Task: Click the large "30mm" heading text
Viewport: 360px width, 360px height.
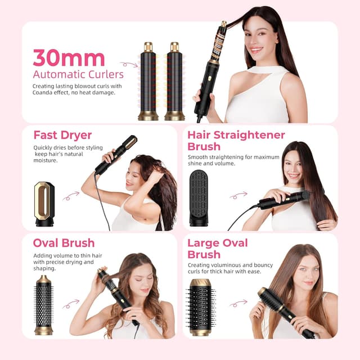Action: pyautogui.click(x=69, y=57)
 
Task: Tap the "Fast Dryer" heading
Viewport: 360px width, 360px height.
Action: pyautogui.click(x=62, y=135)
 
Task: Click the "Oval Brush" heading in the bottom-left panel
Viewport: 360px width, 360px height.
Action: pyautogui.click(x=64, y=243)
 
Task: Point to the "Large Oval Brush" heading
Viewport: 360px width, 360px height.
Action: pyautogui.click(x=217, y=249)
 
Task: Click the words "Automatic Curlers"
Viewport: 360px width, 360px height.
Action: pyautogui.click(x=78, y=74)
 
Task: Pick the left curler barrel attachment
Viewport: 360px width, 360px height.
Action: pyautogui.click(x=148, y=81)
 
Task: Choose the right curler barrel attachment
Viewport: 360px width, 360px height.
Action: pyautogui.click(x=174, y=81)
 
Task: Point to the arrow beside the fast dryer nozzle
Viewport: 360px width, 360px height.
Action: pyautogui.click(x=71, y=196)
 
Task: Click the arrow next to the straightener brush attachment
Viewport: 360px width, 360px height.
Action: pyautogui.click(x=238, y=195)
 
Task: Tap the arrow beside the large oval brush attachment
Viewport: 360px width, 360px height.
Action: pyautogui.click(x=238, y=303)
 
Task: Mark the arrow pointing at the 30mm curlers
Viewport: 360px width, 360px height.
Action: pyautogui.click(x=128, y=65)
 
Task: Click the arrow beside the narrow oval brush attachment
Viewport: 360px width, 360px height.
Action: pyautogui.click(x=71, y=304)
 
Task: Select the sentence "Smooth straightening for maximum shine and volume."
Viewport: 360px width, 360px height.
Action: pyautogui.click(x=233, y=160)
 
